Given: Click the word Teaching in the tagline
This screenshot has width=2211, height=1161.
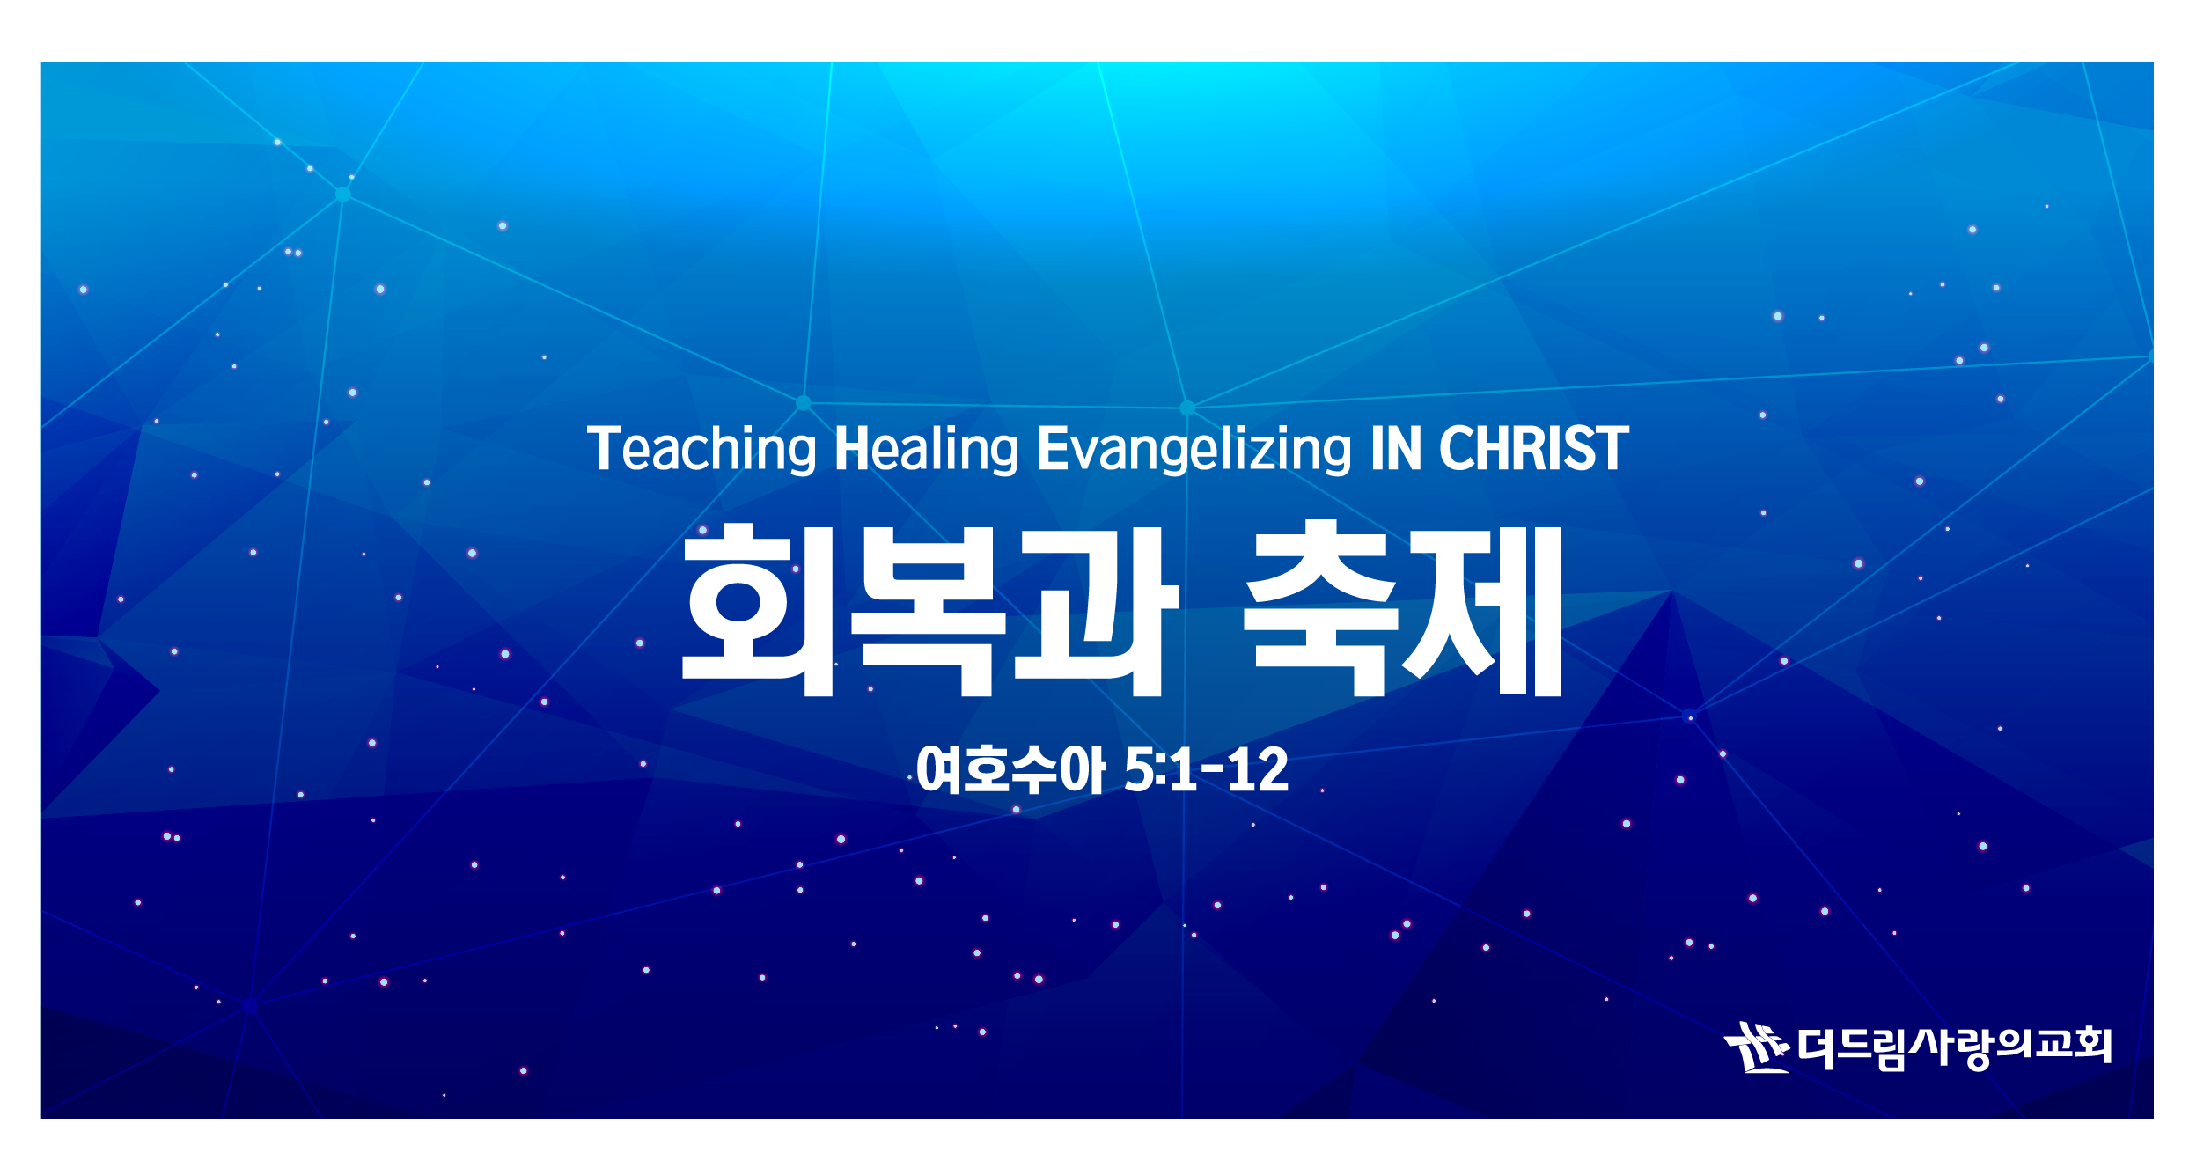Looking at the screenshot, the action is pos(701,450).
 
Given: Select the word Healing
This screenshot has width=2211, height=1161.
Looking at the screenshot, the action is pos(926,450).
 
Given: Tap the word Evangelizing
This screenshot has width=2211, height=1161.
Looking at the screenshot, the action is pos(1194,450).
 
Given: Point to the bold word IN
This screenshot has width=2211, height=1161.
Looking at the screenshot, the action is pos(1396,449).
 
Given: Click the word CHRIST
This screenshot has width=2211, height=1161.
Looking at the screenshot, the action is pos(1534,449).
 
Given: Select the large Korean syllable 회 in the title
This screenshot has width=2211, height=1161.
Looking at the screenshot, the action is pos(758,610).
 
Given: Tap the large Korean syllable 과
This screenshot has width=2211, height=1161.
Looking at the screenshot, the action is pos(1097,610).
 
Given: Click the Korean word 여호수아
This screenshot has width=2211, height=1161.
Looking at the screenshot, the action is pos(1010,769).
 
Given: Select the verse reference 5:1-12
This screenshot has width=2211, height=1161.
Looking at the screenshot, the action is pos(1207,770).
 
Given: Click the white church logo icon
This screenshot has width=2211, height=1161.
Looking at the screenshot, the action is pos(1757,1047).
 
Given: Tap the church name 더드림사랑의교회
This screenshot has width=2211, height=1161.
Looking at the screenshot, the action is pos(1954,1047).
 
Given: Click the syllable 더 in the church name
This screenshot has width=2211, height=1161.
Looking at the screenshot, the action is pos(1817,1047).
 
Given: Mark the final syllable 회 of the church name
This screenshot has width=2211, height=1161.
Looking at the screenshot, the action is pos(2092,1046).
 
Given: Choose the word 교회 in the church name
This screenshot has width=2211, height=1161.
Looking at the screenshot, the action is pos(2072,1046).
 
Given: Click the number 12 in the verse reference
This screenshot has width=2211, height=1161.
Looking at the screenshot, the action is pos(1258,770).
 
